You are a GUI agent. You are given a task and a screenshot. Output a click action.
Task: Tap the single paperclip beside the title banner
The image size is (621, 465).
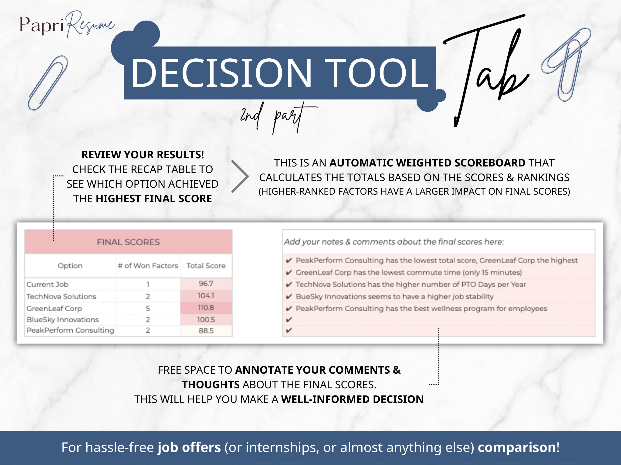click(x=48, y=83)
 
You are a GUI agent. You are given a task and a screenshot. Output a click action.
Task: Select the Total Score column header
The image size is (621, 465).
click(x=206, y=266)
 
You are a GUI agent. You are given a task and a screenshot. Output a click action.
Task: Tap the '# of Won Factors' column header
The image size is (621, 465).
click(x=148, y=266)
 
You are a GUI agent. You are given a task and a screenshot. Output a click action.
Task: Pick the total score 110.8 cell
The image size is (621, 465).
click(x=206, y=308)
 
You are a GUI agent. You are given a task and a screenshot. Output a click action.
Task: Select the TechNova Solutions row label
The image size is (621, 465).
click(x=61, y=296)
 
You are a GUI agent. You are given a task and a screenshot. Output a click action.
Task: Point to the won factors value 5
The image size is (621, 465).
click(x=148, y=309)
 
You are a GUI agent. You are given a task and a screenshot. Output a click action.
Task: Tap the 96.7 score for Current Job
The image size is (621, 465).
click(x=206, y=284)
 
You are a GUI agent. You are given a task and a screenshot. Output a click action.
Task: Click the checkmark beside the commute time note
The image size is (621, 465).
click(x=288, y=273)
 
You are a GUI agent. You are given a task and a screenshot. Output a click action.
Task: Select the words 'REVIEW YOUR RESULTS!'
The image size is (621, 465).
click(x=143, y=155)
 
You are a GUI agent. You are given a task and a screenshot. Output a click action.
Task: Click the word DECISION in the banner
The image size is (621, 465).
click(x=221, y=73)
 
